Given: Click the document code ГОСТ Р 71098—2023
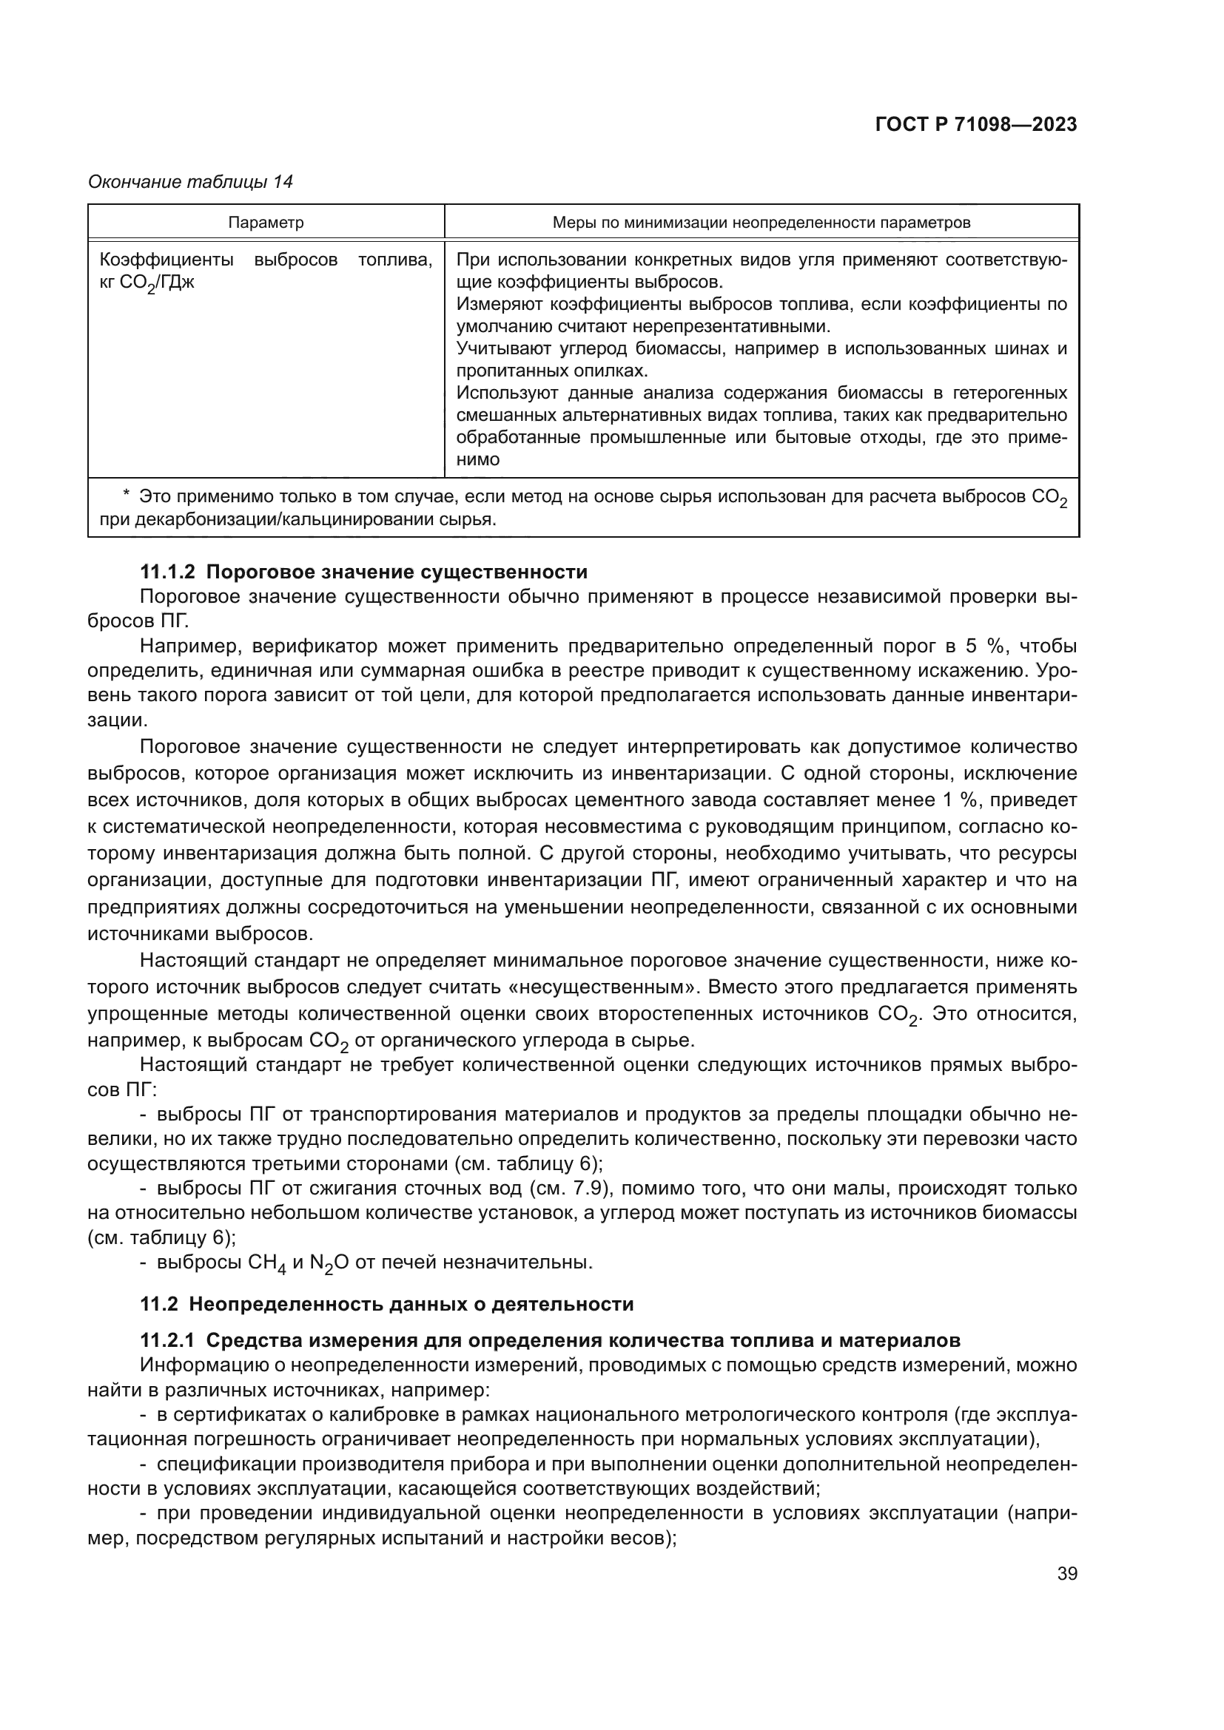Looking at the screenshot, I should (976, 125).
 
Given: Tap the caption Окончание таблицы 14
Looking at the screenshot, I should (190, 182).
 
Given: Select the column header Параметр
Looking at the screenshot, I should (266, 223).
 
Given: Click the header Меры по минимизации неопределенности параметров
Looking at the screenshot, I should (761, 223).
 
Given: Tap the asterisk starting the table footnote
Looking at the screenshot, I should (126, 495).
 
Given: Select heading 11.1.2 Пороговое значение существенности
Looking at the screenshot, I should (364, 572).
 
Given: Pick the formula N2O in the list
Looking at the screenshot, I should (329, 1263).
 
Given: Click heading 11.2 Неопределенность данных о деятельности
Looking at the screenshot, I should (386, 1303).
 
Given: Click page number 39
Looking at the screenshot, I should (1066, 1573).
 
